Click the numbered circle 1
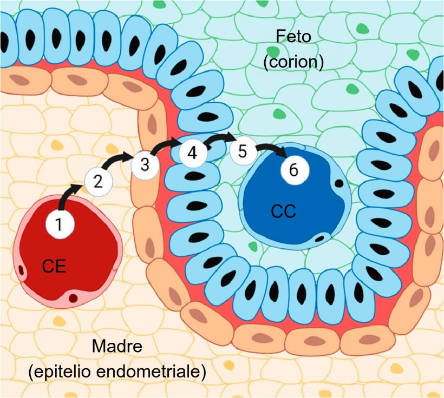(59, 223)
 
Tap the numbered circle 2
(98, 181)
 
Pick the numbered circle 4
(192, 152)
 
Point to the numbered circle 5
(243, 151)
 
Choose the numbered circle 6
(294, 170)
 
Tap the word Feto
(293, 37)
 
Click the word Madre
(117, 347)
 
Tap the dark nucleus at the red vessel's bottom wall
(73, 298)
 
